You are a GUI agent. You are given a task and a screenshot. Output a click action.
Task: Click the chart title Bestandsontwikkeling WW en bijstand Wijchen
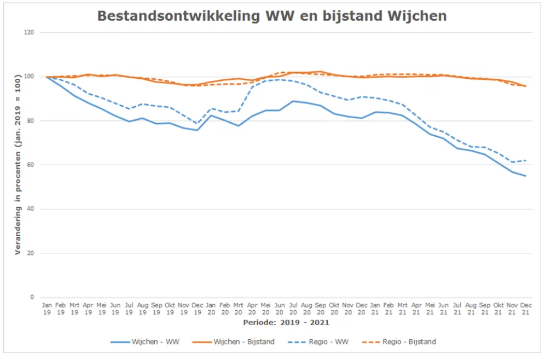point(272,16)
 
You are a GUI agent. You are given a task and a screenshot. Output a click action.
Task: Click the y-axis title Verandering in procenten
point(18,165)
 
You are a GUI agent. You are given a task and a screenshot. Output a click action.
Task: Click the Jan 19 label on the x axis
point(47,308)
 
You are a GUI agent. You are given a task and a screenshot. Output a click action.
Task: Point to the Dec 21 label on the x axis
point(526,308)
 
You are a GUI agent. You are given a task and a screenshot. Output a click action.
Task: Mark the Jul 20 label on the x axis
point(293,308)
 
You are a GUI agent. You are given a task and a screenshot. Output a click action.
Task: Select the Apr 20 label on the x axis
point(252,308)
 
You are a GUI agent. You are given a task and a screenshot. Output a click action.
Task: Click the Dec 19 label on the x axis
point(198,308)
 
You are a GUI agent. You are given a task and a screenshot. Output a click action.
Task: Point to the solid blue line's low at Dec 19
point(198,130)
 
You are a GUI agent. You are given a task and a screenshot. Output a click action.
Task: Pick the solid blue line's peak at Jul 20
point(293,101)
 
